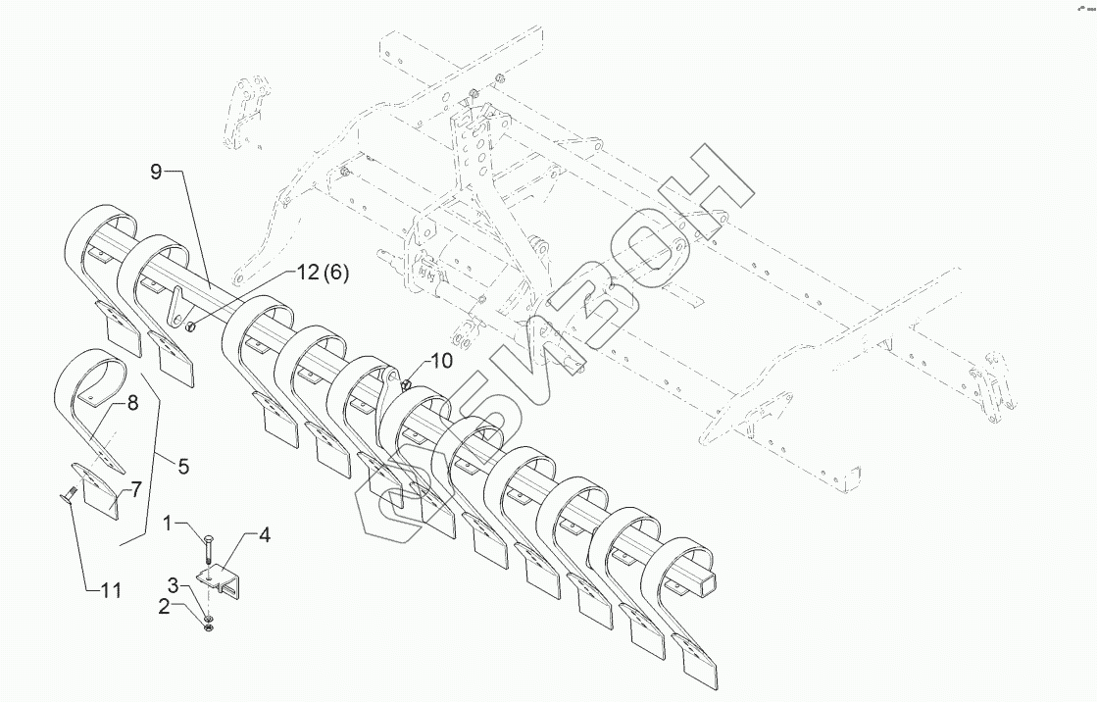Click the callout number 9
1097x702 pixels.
point(156,173)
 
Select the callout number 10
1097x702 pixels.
point(441,361)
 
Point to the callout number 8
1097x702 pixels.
point(132,401)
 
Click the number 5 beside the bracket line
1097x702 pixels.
point(183,466)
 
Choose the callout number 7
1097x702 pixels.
point(136,486)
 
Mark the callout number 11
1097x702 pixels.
point(111,590)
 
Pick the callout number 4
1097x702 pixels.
point(265,535)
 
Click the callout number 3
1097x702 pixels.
point(173,585)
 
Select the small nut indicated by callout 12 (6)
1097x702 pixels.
point(192,326)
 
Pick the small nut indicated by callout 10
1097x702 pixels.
point(407,384)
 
